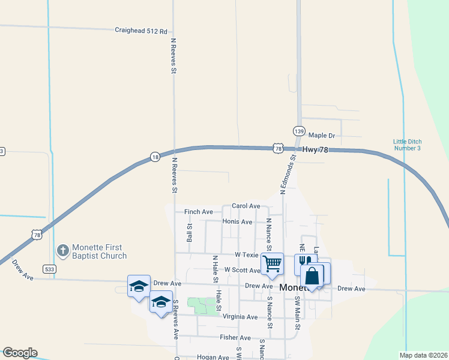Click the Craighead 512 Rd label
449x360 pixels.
click(141, 30)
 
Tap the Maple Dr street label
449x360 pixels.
click(321, 136)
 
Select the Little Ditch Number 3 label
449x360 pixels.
click(407, 145)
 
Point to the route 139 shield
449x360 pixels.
click(299, 130)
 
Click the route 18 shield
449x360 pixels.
click(155, 156)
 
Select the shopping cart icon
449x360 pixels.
click(272, 263)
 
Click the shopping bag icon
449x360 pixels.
click(312, 277)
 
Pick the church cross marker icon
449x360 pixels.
click(62, 250)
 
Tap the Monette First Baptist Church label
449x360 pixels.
click(99, 251)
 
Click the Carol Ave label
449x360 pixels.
click(246, 206)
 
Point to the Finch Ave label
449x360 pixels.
click(199, 212)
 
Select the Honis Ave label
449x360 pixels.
click(237, 221)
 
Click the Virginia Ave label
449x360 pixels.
click(240, 317)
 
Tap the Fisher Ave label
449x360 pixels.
click(235, 338)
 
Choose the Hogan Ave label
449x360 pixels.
click(213, 357)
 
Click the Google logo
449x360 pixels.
click(19, 353)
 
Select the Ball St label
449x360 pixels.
click(190, 233)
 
